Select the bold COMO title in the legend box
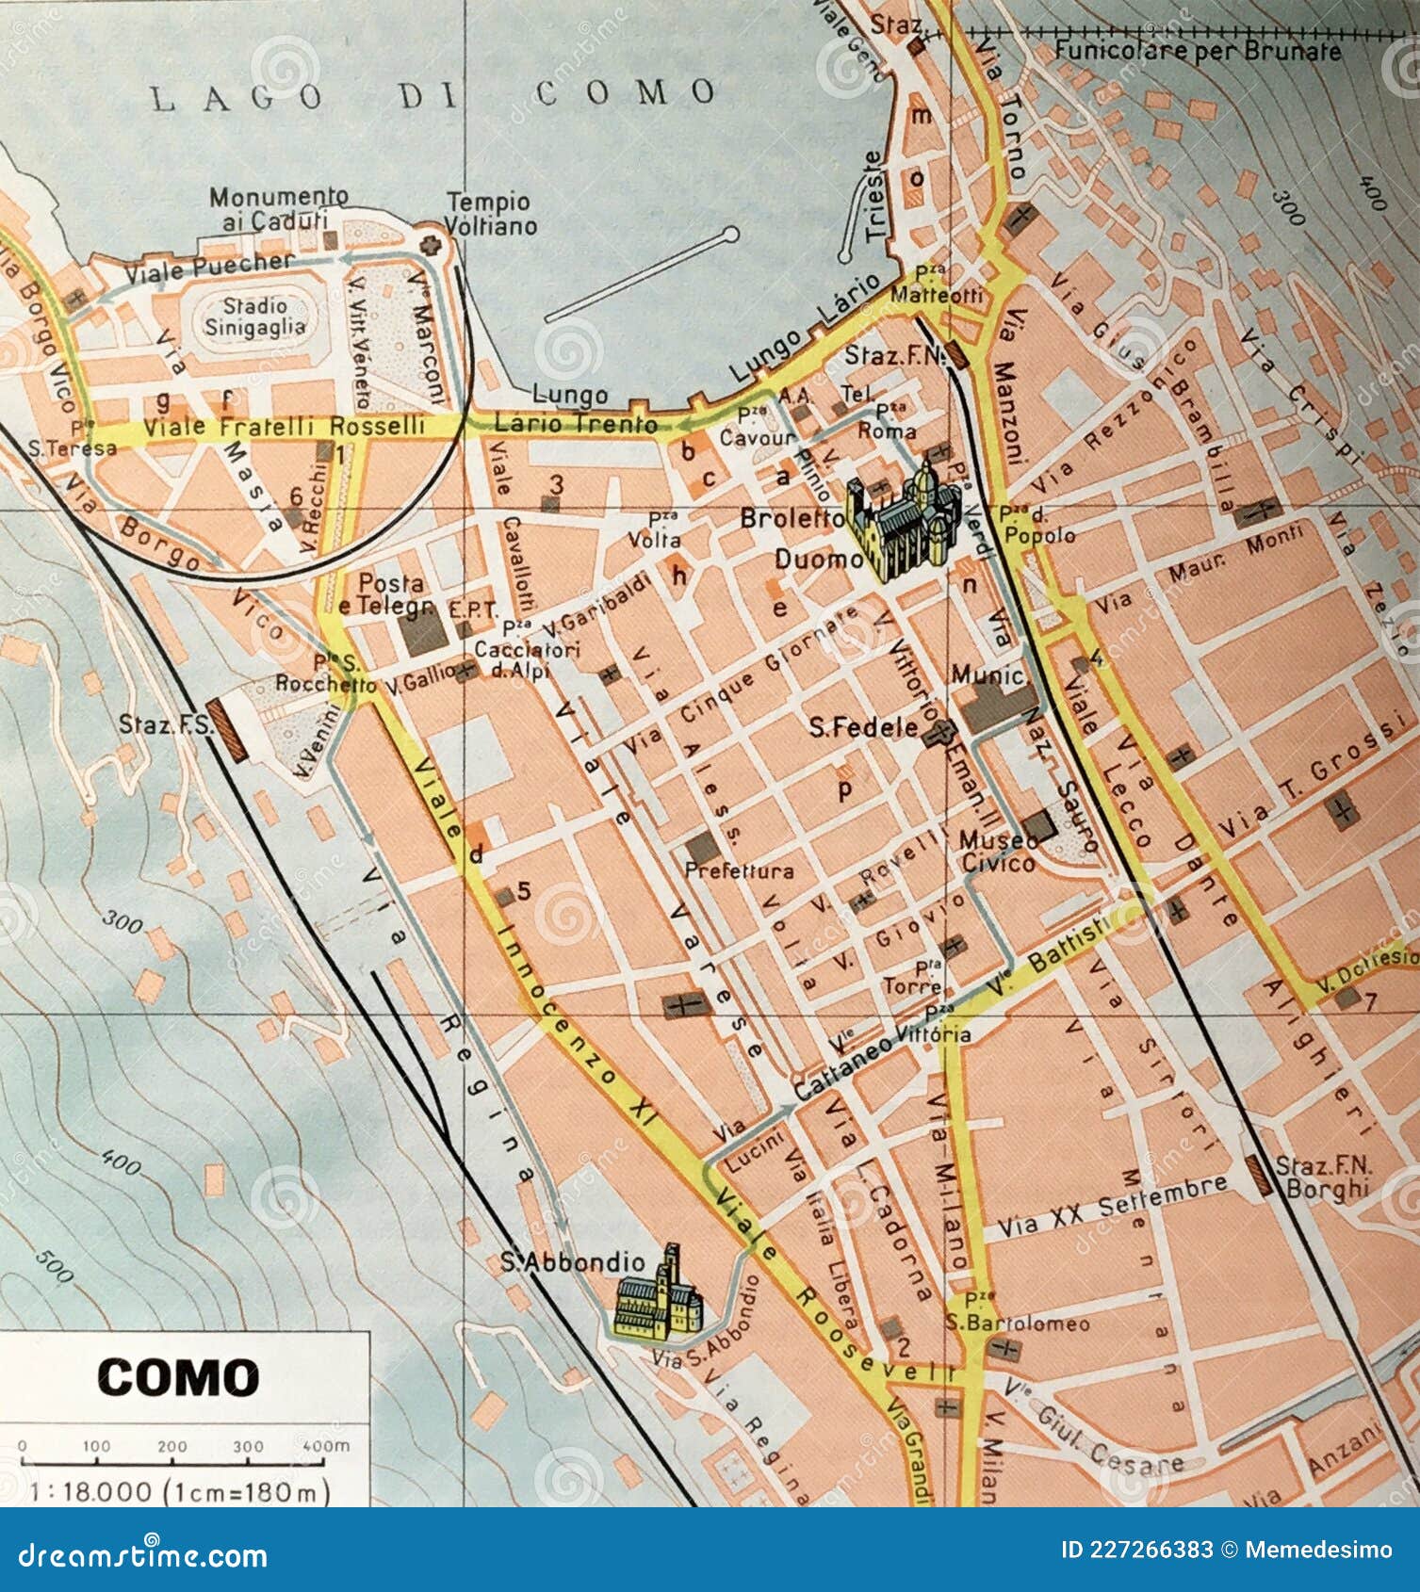pos(177,1377)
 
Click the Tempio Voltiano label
pos(489,214)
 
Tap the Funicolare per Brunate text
pos(1197,51)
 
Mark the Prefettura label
pos(739,871)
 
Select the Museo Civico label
pos(998,851)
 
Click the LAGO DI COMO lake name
pos(433,95)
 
